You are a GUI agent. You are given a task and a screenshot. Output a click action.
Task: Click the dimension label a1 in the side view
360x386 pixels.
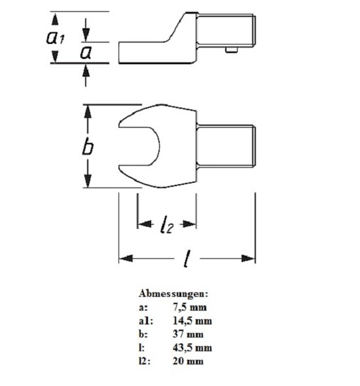click(56, 37)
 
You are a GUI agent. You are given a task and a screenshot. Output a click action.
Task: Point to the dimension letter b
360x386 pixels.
click(88, 147)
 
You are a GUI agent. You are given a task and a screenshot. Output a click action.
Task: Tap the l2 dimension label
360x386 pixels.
click(167, 224)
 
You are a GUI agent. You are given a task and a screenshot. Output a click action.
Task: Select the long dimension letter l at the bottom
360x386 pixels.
click(187, 258)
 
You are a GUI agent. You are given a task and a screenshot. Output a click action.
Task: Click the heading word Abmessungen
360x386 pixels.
click(173, 294)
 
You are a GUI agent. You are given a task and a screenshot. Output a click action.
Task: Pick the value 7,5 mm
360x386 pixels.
click(190, 307)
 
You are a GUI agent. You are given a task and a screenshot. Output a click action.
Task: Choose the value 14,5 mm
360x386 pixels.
click(192, 320)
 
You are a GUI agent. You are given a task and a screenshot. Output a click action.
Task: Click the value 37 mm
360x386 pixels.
click(188, 334)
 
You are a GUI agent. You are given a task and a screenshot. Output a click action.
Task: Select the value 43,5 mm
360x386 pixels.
click(192, 347)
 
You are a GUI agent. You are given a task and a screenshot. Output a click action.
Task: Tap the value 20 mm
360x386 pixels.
click(188, 361)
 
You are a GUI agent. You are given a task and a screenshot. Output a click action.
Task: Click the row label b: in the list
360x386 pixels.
click(143, 334)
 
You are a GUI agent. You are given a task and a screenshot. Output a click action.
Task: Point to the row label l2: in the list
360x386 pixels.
click(145, 361)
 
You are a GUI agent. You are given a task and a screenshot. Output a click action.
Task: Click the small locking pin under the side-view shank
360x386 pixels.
click(232, 50)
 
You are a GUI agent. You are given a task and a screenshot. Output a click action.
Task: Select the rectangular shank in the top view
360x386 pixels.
click(226, 146)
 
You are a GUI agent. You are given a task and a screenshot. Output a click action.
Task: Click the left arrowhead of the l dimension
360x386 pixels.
click(126, 258)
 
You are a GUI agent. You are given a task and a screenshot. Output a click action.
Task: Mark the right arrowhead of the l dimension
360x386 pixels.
click(248, 258)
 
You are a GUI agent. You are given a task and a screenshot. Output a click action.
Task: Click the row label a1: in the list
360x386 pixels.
click(146, 320)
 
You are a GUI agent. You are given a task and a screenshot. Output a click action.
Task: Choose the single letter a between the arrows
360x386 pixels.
click(86, 52)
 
